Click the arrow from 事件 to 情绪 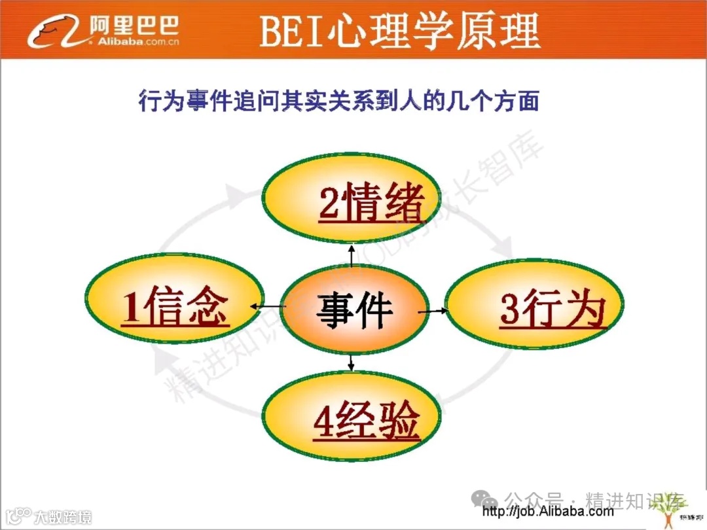coord(352,255)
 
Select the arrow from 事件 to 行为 coord(432,311)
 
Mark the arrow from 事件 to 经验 coord(352,361)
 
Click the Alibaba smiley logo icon coord(52,30)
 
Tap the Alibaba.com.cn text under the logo coord(130,43)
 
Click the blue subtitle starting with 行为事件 coord(338,101)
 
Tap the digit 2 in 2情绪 coord(329,202)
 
